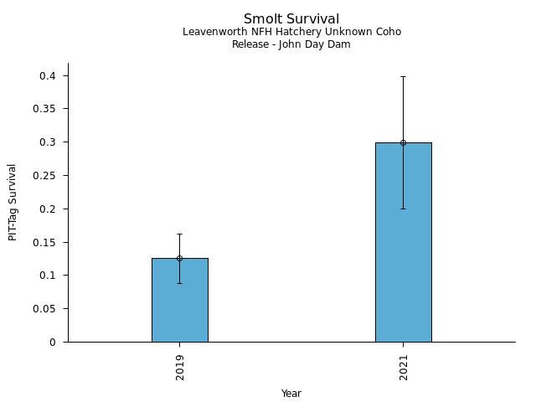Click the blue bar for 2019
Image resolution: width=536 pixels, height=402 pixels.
click(x=179, y=301)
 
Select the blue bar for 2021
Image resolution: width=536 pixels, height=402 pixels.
click(x=403, y=243)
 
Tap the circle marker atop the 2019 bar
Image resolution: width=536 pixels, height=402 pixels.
click(x=179, y=258)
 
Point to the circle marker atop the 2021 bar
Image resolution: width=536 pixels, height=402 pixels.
click(x=403, y=142)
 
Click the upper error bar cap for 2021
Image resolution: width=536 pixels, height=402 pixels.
click(x=403, y=76)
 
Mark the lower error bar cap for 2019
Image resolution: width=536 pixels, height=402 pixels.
click(x=179, y=283)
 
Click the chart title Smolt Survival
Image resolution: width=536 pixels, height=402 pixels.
click(x=291, y=19)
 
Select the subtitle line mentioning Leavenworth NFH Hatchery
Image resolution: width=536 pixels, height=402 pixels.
click(x=291, y=32)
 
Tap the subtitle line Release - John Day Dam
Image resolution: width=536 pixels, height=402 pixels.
click(x=291, y=44)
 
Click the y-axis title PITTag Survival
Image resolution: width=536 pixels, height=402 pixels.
click(x=13, y=202)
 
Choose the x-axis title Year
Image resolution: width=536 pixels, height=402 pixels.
click(x=291, y=394)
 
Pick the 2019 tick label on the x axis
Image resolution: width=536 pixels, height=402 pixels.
click(x=180, y=367)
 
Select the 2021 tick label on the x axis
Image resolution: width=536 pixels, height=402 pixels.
click(x=404, y=367)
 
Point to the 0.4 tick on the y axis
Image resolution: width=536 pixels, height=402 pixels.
click(x=48, y=76)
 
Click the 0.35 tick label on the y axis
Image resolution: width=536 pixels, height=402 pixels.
click(x=44, y=109)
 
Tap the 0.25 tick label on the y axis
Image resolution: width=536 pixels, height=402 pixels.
click(x=44, y=176)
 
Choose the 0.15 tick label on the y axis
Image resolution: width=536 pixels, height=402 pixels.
click(x=44, y=243)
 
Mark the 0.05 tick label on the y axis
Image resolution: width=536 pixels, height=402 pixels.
click(x=44, y=309)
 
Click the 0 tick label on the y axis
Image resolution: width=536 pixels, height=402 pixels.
click(x=52, y=343)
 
